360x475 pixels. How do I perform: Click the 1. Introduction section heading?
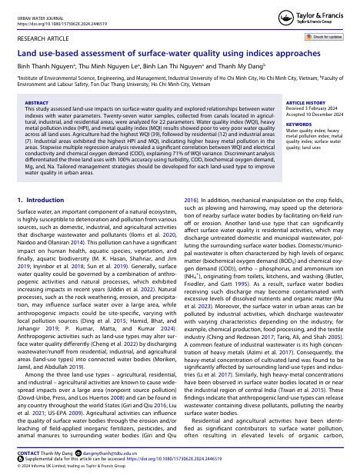[x=46, y=199]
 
